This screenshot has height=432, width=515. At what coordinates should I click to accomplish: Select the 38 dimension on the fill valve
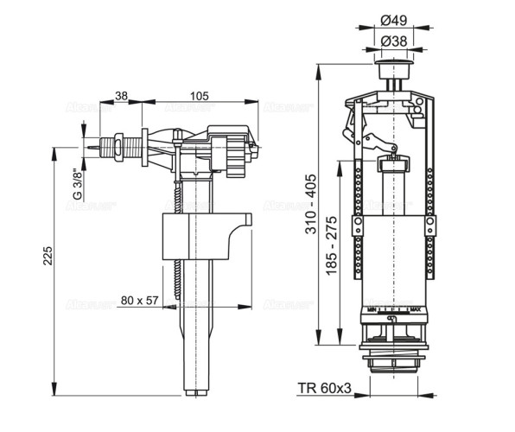pos(121,95)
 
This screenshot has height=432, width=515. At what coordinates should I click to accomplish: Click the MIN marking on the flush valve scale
pos(369,308)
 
